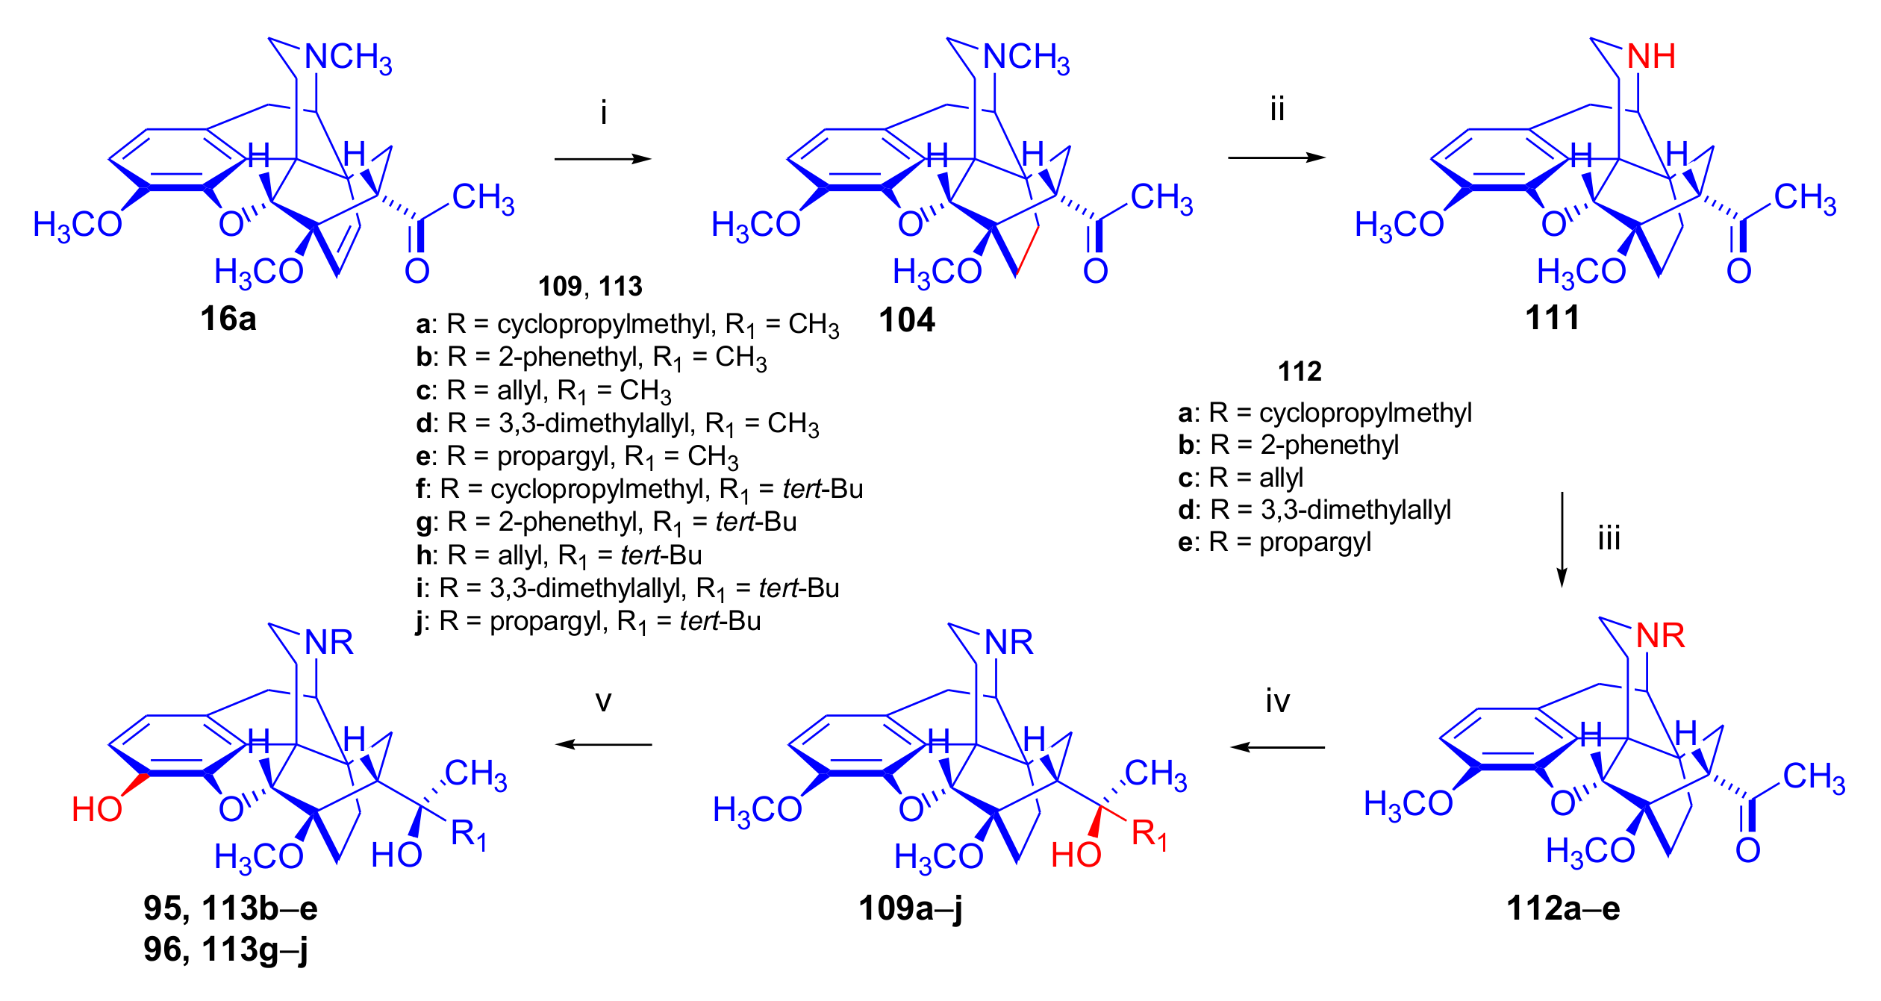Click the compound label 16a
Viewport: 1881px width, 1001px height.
[228, 319]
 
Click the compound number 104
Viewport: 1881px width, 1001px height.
[906, 320]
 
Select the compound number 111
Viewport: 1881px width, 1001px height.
[1553, 318]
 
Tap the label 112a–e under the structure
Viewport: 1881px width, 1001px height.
[1563, 908]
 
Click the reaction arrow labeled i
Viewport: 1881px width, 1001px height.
[602, 158]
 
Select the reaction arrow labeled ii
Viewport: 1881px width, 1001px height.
[1276, 158]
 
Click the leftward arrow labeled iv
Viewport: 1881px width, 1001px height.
[1277, 746]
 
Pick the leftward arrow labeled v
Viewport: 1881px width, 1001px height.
[603, 744]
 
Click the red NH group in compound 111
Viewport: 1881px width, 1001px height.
[1651, 57]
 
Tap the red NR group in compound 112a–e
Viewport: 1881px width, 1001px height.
[1660, 636]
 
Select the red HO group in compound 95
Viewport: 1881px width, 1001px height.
[97, 809]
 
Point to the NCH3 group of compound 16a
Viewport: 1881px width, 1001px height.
[348, 57]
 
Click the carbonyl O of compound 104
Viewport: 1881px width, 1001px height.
[1095, 271]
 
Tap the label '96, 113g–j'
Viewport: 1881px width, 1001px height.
[225, 949]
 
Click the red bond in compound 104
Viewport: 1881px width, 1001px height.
[1028, 250]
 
